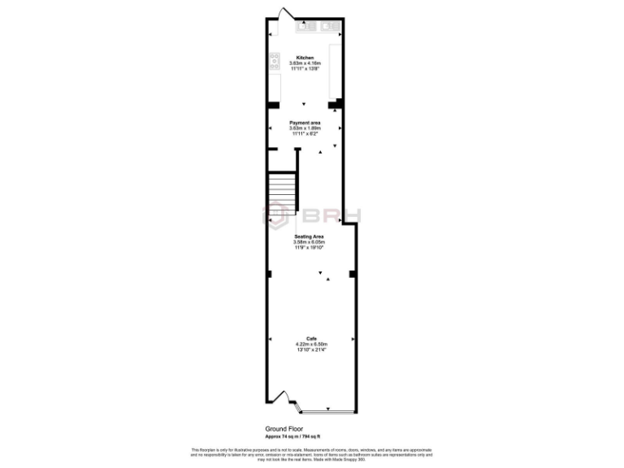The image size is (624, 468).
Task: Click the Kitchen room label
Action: coord(305,58)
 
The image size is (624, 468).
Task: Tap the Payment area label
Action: coord(305,123)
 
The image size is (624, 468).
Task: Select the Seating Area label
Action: coord(308,236)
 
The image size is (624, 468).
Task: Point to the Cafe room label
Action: coord(311,339)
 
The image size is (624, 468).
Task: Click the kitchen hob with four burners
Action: coord(275,60)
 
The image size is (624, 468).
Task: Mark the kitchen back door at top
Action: coord(284,14)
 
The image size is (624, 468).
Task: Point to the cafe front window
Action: coord(326,406)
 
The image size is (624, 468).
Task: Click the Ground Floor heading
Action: coord(284,428)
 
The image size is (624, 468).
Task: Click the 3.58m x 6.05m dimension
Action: coord(308,241)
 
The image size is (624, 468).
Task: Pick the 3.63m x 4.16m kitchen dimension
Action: coord(305,63)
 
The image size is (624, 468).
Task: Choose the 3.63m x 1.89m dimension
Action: coord(305,128)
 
